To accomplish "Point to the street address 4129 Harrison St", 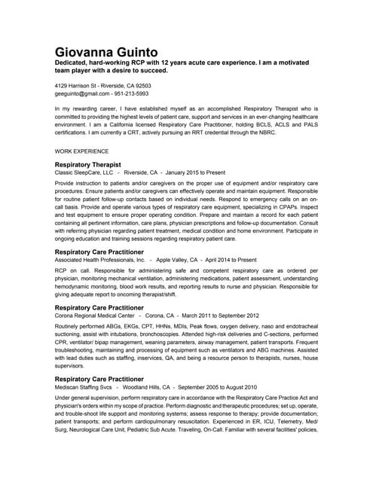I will click(x=80, y=86).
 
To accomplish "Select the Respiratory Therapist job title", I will click(x=88, y=164).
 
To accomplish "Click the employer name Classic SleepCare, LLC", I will click(x=84, y=172).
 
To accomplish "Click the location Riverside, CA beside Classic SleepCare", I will click(x=141, y=172).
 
